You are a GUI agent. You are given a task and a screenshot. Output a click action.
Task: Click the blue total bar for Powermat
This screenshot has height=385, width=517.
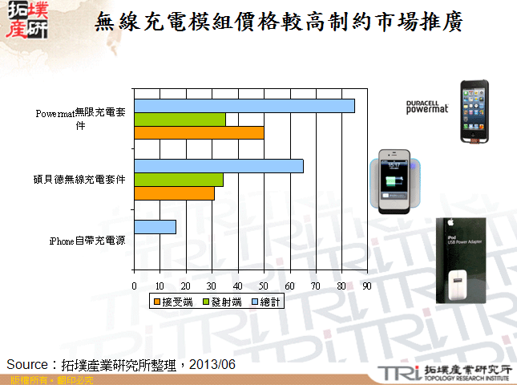pos(244,106)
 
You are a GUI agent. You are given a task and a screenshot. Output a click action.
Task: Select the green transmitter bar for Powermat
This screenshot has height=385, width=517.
pos(180,120)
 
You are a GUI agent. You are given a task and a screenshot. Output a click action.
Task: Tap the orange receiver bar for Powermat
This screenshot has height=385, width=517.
pos(199,133)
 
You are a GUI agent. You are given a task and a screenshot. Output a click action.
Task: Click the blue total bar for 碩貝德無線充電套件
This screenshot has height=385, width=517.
pos(219,166)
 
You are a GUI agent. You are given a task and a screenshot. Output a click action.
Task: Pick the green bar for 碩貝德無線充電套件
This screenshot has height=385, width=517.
pos(179,180)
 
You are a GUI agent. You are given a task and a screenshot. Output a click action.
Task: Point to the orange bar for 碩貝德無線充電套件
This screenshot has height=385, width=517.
pos(174,193)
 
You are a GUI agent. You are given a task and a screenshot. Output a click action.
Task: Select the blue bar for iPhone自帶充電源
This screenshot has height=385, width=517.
pos(155,227)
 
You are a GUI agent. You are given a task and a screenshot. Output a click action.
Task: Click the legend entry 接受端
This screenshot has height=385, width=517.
pos(172,302)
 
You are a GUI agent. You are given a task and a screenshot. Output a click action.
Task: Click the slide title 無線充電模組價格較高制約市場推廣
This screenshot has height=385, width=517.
pos(278,22)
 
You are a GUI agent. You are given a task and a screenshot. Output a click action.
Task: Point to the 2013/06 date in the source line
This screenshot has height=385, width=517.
pos(213,364)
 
